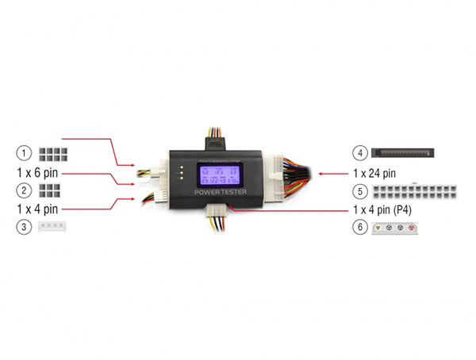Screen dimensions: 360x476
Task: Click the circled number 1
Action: [25, 152]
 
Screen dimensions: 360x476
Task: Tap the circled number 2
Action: [25, 190]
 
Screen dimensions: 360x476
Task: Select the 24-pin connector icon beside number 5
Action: [416, 191]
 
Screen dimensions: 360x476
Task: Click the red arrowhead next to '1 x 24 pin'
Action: [319, 171]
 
